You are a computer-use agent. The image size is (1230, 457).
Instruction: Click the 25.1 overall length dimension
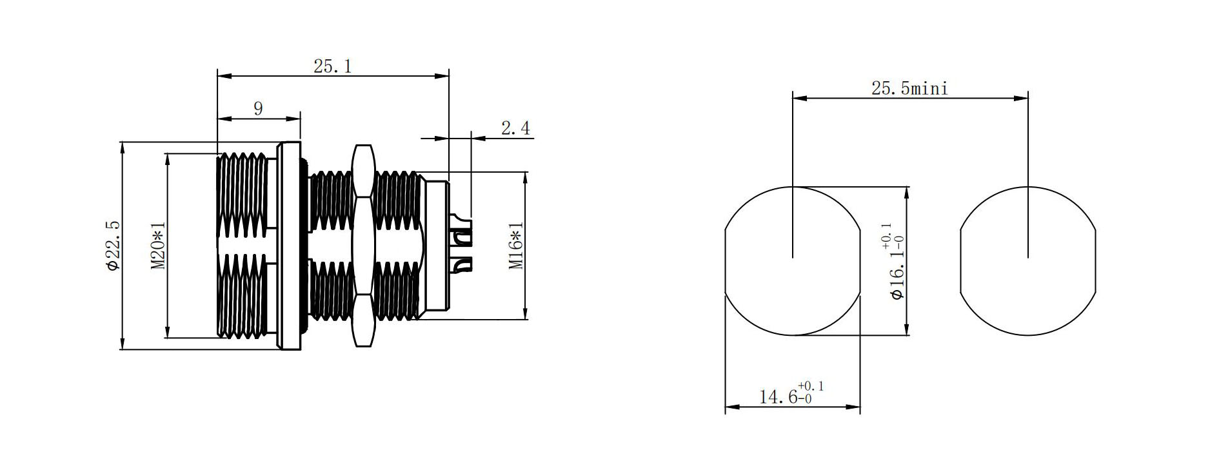coord(333,66)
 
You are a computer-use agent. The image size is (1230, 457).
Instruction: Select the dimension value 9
coord(258,108)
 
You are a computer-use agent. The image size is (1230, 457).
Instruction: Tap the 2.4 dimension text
coord(515,128)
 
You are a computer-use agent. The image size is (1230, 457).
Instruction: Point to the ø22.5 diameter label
coord(112,246)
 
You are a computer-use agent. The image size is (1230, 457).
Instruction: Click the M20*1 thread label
coord(158,246)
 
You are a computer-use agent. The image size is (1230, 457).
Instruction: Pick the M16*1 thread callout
coord(516,246)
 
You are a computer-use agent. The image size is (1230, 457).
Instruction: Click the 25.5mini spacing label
coord(909,88)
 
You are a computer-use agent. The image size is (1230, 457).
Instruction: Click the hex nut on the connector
coord(362,246)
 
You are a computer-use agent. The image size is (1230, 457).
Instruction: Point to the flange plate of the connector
coord(289,246)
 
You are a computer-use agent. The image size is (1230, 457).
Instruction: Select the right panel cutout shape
coord(1027,261)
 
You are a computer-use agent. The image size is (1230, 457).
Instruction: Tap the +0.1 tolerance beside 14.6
coord(811,386)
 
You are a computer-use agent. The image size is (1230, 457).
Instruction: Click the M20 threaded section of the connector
coord(242,246)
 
